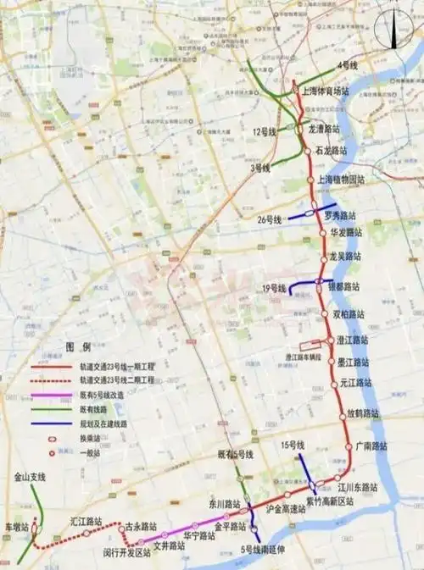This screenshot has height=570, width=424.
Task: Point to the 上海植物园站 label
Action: click(x=341, y=180)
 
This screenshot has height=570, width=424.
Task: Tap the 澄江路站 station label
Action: click(x=352, y=340)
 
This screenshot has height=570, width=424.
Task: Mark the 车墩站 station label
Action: click(x=16, y=527)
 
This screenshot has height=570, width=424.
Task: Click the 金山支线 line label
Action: click(x=30, y=478)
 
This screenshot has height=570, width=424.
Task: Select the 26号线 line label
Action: click(x=271, y=220)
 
